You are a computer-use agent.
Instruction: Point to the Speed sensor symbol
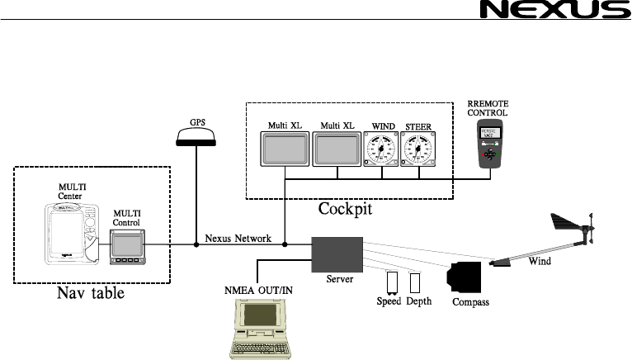[390, 283]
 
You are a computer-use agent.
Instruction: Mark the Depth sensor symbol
[416, 283]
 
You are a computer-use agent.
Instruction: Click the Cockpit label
[345, 209]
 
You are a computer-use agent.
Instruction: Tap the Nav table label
[91, 292]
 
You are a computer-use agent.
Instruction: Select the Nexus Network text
[238, 239]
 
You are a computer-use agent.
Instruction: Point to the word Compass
[470, 302]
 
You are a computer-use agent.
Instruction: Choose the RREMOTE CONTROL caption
[488, 107]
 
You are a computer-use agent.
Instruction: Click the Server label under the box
[338, 280]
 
